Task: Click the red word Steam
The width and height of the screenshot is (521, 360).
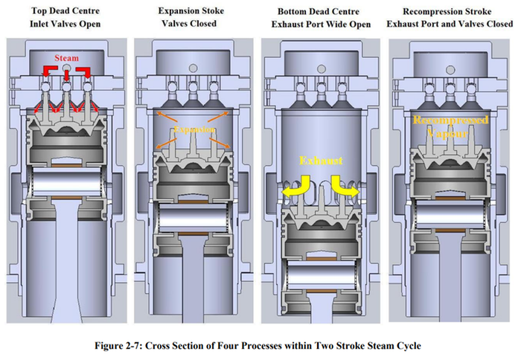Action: click(x=68, y=57)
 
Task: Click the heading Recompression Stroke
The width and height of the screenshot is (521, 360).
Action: click(x=451, y=10)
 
